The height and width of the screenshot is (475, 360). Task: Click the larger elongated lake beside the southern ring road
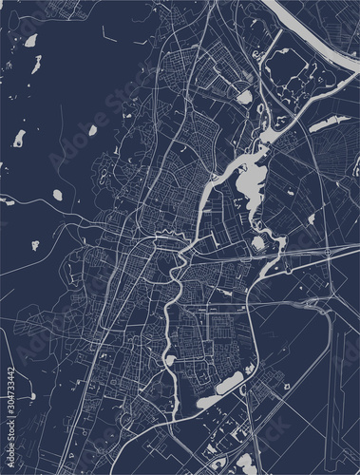click(233, 382)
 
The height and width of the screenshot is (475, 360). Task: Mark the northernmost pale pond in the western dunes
click(30, 41)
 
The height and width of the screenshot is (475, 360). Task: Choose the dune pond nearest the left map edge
click(18, 140)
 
